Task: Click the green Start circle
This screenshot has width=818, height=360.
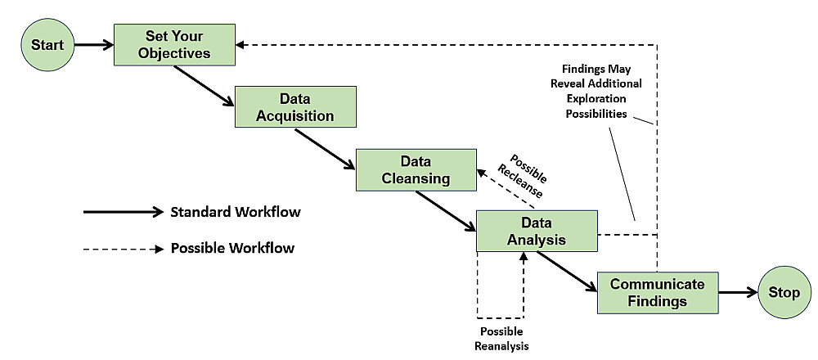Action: [x=47, y=44]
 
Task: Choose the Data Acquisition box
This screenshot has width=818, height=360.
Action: [x=295, y=106]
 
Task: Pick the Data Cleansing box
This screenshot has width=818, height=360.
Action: [x=416, y=169]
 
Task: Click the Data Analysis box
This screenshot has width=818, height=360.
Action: [x=537, y=231]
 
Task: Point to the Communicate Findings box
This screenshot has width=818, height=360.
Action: [x=657, y=292]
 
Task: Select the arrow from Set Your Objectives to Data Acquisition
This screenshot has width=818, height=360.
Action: [x=204, y=86]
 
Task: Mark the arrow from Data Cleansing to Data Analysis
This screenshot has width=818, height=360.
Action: [x=445, y=210]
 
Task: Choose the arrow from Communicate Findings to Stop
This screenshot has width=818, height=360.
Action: [x=738, y=291]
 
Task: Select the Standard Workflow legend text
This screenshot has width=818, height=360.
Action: [x=236, y=212]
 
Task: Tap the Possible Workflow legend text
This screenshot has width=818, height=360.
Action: [x=232, y=247]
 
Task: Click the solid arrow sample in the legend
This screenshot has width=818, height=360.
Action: [x=123, y=212]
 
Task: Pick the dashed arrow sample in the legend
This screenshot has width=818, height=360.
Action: [x=123, y=247]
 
